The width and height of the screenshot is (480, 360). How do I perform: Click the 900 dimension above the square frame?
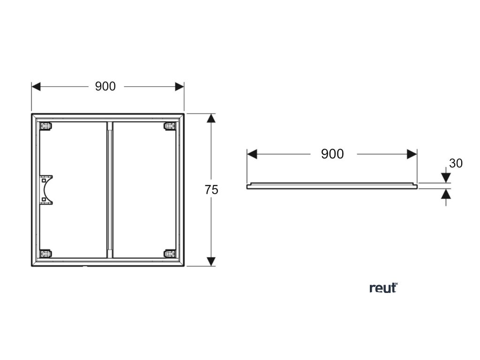pyautogui.click(x=105, y=87)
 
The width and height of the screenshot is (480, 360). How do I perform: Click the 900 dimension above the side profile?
pyautogui.click(x=332, y=154)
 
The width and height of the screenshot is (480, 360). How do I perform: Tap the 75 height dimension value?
pyautogui.click(x=211, y=190)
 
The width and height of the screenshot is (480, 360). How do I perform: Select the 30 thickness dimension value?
pyautogui.click(x=456, y=163)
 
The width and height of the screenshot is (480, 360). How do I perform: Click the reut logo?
pyautogui.click(x=383, y=288)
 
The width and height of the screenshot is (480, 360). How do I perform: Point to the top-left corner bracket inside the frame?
pyautogui.click(x=45, y=126)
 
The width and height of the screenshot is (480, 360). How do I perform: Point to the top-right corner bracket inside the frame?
pyautogui.click(x=169, y=126)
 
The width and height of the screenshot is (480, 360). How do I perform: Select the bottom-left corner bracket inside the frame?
pyautogui.click(x=45, y=254)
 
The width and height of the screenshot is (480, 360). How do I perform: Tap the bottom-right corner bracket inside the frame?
pyautogui.click(x=169, y=254)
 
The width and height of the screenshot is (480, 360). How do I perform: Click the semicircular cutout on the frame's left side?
pyautogui.click(x=47, y=190)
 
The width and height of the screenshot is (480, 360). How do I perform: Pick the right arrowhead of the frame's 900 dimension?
pyautogui.click(x=179, y=87)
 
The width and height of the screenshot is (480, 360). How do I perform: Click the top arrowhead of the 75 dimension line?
pyautogui.click(x=211, y=118)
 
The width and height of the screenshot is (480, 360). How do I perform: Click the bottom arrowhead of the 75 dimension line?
pyautogui.click(x=211, y=261)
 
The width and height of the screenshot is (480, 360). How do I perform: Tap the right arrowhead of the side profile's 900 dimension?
pyautogui.click(x=412, y=154)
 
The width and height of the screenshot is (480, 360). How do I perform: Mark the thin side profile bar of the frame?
pyautogui.click(x=332, y=186)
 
